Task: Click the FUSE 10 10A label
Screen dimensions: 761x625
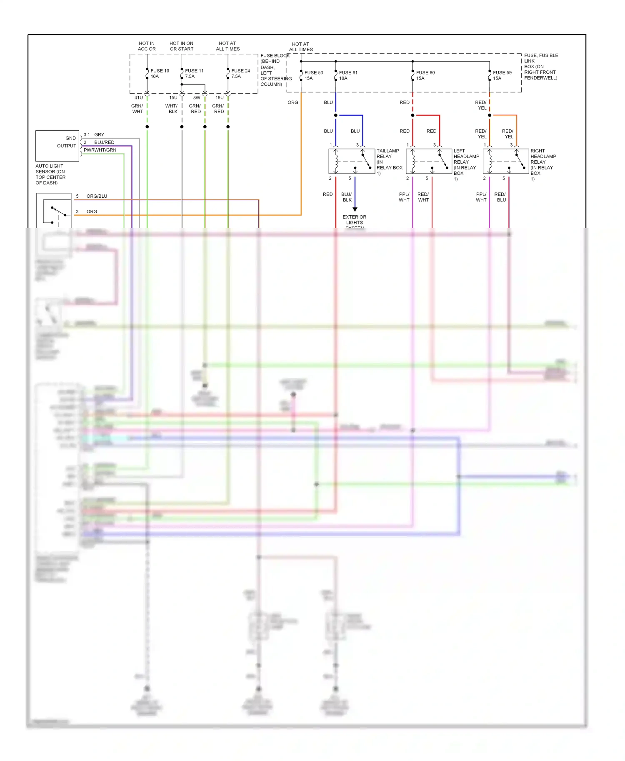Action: pyautogui.click(x=160, y=74)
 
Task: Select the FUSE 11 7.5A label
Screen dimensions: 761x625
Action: pyautogui.click(x=194, y=74)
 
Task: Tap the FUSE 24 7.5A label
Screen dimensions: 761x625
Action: pyautogui.click(x=240, y=74)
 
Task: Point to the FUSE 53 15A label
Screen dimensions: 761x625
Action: pyautogui.click(x=313, y=75)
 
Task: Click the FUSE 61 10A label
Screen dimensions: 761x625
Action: pyautogui.click(x=348, y=75)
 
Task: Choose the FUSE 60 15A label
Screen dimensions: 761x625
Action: pyautogui.click(x=425, y=75)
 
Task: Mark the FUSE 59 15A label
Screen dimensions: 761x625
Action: pyautogui.click(x=502, y=75)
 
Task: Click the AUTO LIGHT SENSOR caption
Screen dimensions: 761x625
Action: pyautogui.click(x=50, y=174)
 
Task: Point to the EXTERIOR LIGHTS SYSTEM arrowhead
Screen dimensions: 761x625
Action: pyautogui.click(x=355, y=209)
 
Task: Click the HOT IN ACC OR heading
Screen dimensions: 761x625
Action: pyautogui.click(x=147, y=46)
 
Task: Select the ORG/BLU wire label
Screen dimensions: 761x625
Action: pyautogui.click(x=97, y=196)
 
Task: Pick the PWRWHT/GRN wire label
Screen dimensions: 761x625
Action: pyautogui.click(x=100, y=150)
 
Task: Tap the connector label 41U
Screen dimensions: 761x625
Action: pyautogui.click(x=138, y=98)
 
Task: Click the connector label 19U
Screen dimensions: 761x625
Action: pyautogui.click(x=219, y=98)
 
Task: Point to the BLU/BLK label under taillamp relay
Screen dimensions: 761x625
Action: pyautogui.click(x=347, y=197)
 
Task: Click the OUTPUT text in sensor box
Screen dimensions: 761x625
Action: pyautogui.click(x=66, y=146)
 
